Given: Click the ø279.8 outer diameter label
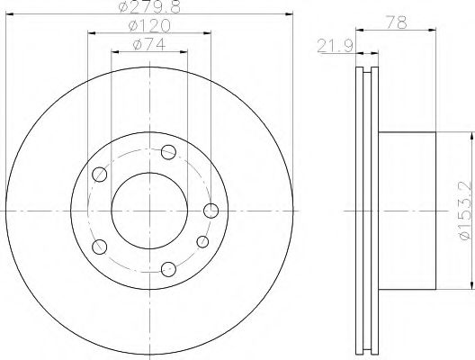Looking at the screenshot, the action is (149, 6).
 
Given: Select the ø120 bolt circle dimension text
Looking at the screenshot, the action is (149, 26).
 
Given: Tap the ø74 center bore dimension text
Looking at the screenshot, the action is (149, 45).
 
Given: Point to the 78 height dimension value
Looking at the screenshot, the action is (396, 22).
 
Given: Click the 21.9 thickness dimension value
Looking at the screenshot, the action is (336, 47).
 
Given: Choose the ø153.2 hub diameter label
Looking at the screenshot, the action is (466, 211).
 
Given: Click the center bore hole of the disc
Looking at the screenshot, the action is (149, 211).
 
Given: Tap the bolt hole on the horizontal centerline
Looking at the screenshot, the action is (211, 211).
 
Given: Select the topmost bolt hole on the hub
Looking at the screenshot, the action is (169, 152).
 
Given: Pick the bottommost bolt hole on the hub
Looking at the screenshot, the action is (169, 269).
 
